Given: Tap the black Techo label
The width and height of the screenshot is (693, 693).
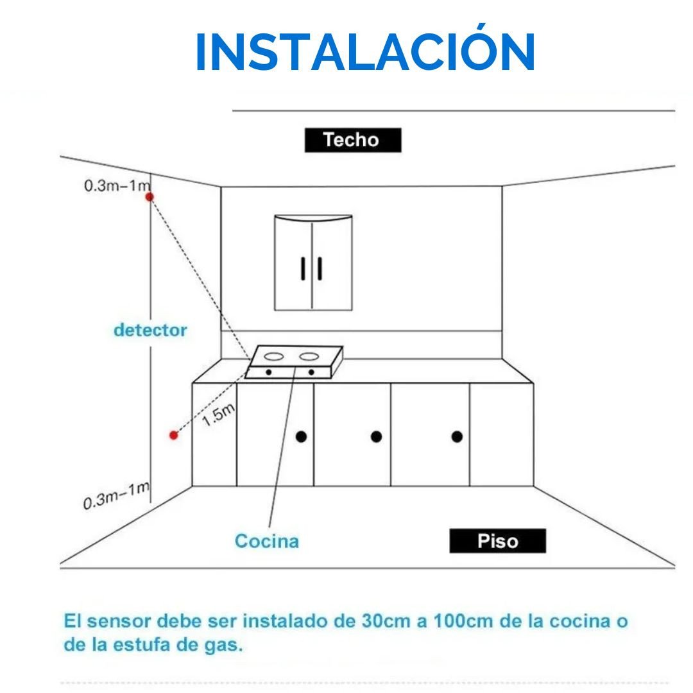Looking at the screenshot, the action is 353,140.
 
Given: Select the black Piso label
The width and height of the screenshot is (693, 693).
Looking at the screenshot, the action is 498,540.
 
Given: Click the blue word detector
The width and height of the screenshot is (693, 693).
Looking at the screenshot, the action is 150,330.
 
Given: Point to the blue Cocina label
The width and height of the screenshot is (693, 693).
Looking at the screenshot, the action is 267,541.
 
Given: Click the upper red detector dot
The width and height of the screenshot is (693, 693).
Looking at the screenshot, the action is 150,197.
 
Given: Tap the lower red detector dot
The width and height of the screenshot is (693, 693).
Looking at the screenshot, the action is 174,435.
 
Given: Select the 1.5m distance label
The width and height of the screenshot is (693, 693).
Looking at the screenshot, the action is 218,415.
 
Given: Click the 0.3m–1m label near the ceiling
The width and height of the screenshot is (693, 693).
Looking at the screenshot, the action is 117,185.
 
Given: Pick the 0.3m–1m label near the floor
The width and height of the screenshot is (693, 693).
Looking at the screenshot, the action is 117,495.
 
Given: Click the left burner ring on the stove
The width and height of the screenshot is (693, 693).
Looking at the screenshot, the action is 273,356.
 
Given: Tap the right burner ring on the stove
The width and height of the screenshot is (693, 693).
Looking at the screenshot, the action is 309,356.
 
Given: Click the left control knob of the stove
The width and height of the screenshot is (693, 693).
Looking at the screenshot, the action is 269,373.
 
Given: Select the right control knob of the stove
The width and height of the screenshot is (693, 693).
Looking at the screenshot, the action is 311,373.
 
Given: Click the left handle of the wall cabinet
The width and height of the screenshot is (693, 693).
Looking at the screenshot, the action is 303,268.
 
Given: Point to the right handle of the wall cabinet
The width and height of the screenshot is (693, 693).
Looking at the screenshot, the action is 320,268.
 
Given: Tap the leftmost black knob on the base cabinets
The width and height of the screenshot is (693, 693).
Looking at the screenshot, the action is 302,437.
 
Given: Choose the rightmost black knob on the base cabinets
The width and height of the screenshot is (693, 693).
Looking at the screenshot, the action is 457,437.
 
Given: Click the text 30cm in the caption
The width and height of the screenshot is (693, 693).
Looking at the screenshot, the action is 386,621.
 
